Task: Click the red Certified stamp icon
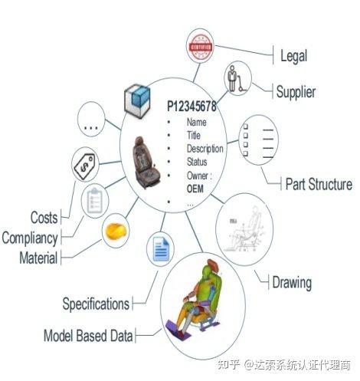coord(201,46)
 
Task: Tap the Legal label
coord(293,56)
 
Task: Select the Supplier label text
coord(296,92)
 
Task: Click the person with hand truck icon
coord(236,79)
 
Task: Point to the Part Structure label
coord(319,184)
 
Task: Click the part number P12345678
coord(191,106)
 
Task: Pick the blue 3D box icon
coord(137,101)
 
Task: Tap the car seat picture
coord(146,163)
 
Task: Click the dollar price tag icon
coord(84,166)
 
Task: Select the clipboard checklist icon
coord(94,201)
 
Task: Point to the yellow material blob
coord(116,232)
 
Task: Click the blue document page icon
coord(160,249)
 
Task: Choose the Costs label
coord(44,218)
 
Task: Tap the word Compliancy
coord(30,238)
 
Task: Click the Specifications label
coord(96,304)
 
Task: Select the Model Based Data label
coord(88,336)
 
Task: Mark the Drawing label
coord(292,283)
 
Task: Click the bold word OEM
coord(195,189)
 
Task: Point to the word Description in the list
coord(205,149)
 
